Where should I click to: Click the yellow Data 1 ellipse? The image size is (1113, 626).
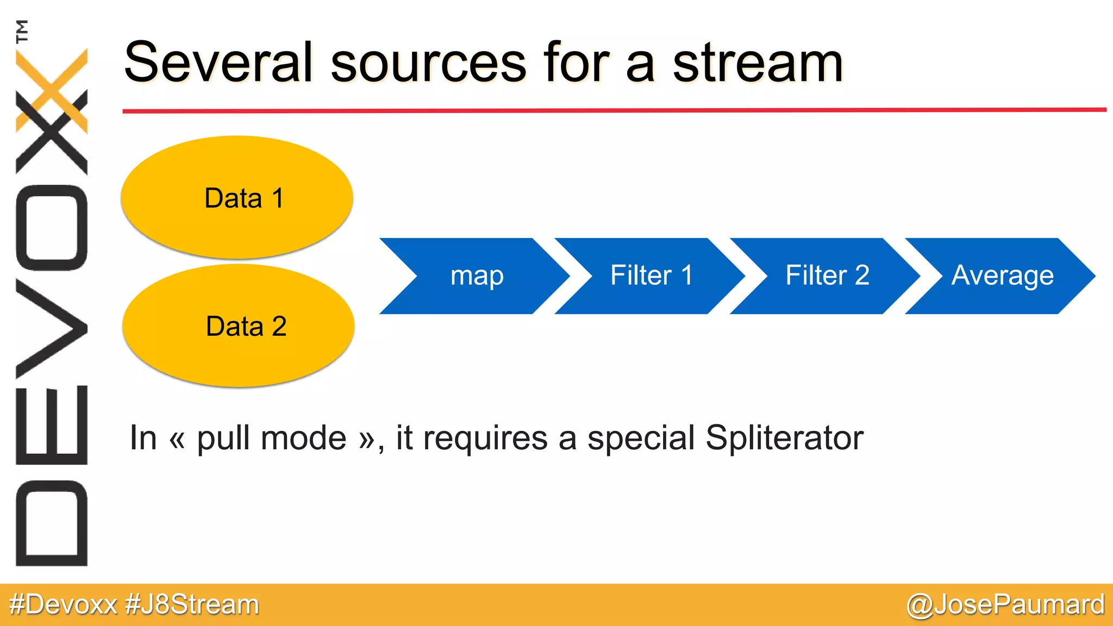(x=237, y=197)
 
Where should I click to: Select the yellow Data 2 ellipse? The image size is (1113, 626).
(x=239, y=326)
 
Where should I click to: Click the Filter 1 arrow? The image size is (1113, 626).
(x=651, y=276)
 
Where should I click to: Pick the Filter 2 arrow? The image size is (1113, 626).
(x=826, y=276)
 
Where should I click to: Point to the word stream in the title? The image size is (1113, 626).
(x=758, y=64)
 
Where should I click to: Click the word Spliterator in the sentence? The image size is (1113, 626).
(x=784, y=437)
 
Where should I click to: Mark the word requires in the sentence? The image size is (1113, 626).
(x=485, y=439)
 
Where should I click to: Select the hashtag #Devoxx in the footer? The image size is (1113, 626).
(x=64, y=605)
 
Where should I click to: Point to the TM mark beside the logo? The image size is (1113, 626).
(x=22, y=31)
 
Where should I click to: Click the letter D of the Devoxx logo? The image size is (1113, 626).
(x=52, y=523)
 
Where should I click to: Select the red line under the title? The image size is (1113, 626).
(x=614, y=110)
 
